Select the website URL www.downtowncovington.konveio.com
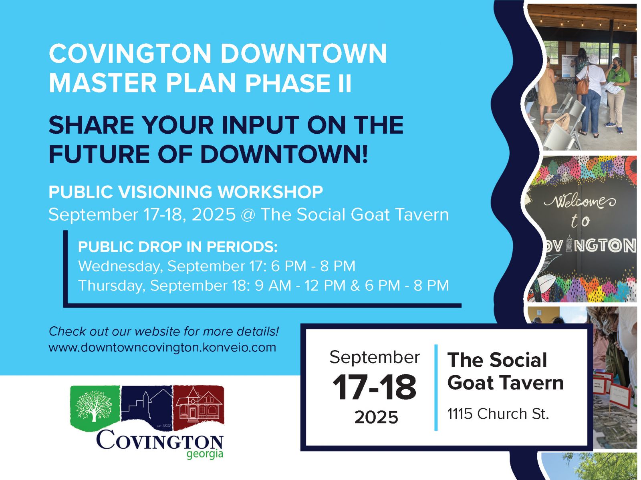coord(162,347)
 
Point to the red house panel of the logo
coord(199,408)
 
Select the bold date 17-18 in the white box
coord(374,387)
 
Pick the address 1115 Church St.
coord(498,414)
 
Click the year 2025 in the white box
coord(376,417)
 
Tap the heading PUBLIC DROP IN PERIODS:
coord(178,247)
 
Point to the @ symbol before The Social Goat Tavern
coord(248,215)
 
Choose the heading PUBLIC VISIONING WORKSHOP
coord(186,192)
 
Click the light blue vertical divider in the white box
coord(436,388)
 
